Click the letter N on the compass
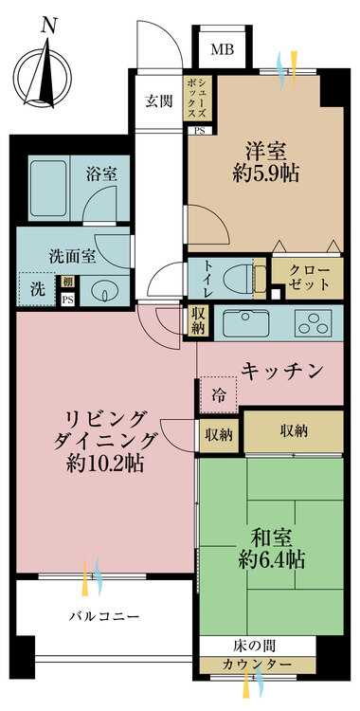click(48, 27)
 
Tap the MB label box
click(222, 49)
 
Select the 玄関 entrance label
click(157, 101)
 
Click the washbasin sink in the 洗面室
click(104, 291)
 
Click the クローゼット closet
click(304, 279)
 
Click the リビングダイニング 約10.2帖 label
click(105, 441)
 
